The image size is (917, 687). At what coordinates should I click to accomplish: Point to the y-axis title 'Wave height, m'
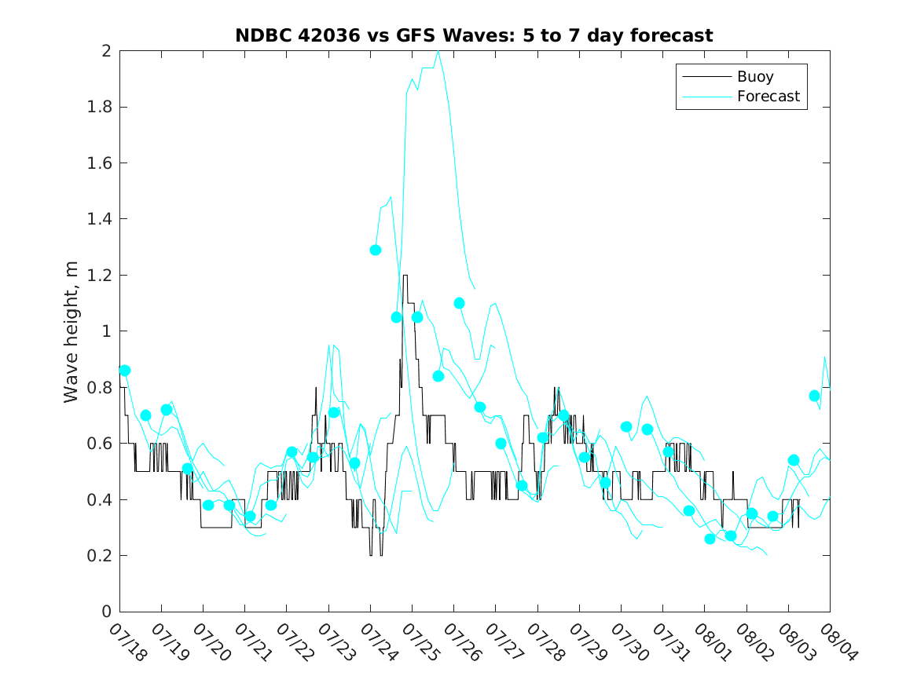click(71, 332)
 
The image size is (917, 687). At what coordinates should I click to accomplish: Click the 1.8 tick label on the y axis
click(99, 108)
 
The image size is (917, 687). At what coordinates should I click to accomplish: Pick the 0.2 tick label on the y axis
click(99, 556)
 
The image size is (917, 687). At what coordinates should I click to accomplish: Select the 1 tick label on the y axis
click(106, 331)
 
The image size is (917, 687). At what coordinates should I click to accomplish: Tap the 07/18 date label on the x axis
click(128, 641)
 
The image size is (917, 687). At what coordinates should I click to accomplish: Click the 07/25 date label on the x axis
click(420, 641)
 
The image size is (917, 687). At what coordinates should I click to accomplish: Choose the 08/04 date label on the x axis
click(838, 641)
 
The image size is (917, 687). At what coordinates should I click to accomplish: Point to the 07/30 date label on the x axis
click(629, 641)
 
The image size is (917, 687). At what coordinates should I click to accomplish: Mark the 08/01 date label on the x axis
click(713, 641)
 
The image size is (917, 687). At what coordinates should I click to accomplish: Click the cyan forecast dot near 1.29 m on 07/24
click(376, 250)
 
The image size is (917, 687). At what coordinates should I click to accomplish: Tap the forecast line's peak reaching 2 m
click(438, 51)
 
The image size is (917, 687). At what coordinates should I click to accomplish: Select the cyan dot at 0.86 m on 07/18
click(125, 371)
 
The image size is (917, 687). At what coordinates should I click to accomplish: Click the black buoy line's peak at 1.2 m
click(405, 276)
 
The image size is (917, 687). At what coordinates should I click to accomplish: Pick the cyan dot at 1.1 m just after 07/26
click(459, 303)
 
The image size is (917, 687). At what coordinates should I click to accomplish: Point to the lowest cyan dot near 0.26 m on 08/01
click(710, 539)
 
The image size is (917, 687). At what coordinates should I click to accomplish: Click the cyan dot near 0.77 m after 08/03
click(814, 396)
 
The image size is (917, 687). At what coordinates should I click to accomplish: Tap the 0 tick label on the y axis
click(106, 612)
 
